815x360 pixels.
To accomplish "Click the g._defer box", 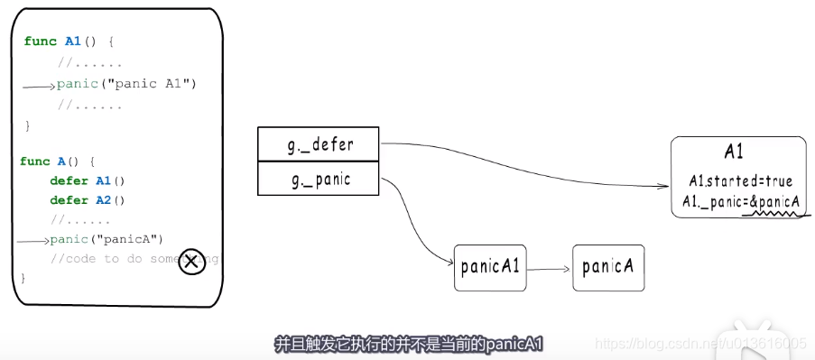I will [319, 143].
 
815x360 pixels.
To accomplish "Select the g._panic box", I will [319, 179].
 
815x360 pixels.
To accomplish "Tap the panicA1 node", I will [490, 266].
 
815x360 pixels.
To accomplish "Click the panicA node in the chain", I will [609, 266].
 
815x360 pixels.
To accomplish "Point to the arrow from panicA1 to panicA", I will [549, 268].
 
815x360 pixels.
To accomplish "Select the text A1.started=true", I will [738, 181].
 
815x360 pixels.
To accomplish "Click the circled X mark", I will [190, 263].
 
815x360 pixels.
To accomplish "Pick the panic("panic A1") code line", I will [126, 84].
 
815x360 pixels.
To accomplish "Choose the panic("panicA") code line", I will [107, 239].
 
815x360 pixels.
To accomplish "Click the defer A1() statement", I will [88, 180].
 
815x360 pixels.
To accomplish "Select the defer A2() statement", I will [88, 200].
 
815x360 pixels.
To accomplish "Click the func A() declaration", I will [57, 162].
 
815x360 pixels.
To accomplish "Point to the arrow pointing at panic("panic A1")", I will [39, 86].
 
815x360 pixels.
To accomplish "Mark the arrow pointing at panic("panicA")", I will [33, 241].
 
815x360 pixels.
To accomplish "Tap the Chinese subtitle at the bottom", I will [407, 344].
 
